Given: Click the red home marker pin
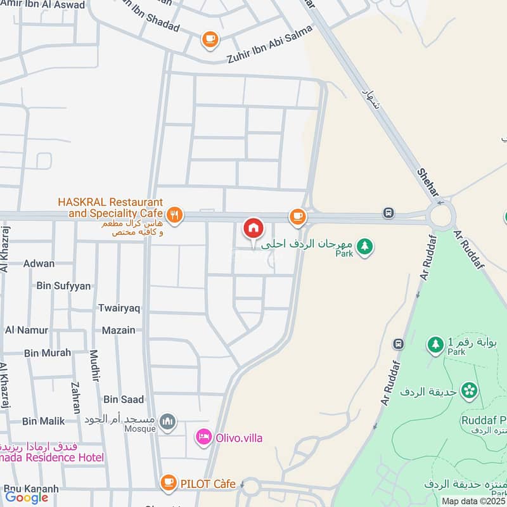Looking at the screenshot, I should point(253,228).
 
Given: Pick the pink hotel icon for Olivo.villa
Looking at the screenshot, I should point(203,437).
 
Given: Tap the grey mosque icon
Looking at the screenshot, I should point(167,421).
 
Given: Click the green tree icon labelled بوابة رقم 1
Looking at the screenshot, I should point(435,344).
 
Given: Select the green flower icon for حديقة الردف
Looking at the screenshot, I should point(469,390).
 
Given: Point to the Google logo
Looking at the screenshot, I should point(27,497).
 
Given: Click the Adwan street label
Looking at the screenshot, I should point(39,264).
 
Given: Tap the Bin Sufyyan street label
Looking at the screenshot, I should point(63,286).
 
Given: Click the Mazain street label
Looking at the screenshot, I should point(119,330).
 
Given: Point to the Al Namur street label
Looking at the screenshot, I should point(27,330).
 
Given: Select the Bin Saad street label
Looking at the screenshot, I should point(124,399).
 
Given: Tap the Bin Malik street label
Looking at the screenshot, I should point(43,421).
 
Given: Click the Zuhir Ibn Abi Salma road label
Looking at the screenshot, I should point(269,44).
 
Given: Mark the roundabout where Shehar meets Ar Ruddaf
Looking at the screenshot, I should point(441,216).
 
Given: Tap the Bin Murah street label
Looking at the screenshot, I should point(48,353).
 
